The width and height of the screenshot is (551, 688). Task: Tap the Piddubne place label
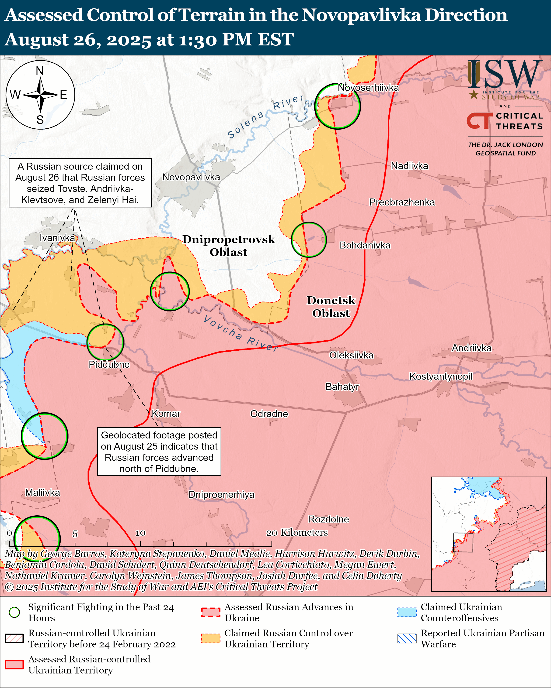(x=109, y=364)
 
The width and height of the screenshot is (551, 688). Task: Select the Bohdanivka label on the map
(x=365, y=245)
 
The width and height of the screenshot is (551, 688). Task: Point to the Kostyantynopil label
(x=440, y=376)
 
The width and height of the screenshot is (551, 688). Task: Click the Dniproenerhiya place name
(x=221, y=494)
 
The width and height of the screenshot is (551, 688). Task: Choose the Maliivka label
(x=42, y=492)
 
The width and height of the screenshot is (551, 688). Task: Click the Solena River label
(x=265, y=116)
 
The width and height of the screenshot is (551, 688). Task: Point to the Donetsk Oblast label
(x=331, y=306)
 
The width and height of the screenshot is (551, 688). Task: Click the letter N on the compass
(x=40, y=71)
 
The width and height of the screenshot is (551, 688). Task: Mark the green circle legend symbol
(x=14, y=612)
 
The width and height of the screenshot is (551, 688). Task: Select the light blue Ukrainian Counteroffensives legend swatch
(x=407, y=612)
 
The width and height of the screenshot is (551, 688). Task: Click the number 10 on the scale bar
(x=140, y=533)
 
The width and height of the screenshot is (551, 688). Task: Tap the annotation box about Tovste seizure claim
(x=80, y=183)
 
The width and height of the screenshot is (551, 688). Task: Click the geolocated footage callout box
(x=159, y=452)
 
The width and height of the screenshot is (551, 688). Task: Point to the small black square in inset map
(x=463, y=542)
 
